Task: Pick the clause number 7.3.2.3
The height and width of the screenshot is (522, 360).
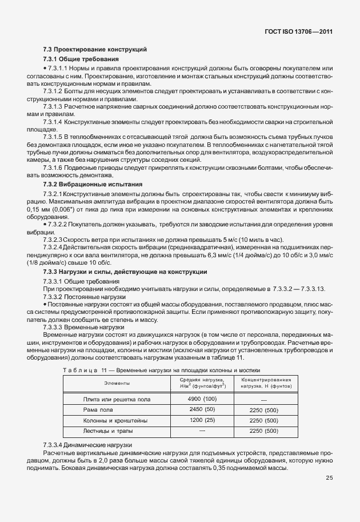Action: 53,238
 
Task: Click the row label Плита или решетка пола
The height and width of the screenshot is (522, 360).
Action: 117,399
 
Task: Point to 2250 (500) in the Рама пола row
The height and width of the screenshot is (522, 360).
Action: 263,409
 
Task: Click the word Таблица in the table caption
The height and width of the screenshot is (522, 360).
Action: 80,371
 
